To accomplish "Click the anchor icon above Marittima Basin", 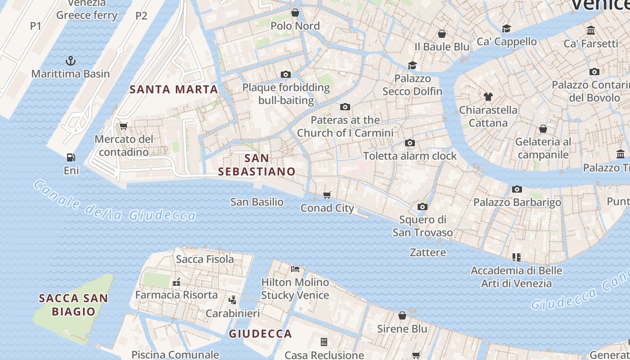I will [71, 60].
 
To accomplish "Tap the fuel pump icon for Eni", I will [71, 157].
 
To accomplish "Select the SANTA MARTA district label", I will [174, 89].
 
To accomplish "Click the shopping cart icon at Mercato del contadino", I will [123, 126].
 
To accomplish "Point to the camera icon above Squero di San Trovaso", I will [422, 207].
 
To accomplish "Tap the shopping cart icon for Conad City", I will [327, 195].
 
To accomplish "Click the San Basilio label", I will [257, 202].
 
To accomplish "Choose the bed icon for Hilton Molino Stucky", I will [295, 269].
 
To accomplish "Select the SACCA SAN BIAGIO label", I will [73, 305].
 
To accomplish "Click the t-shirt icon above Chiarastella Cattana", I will [488, 96].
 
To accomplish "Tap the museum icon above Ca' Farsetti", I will [591, 31].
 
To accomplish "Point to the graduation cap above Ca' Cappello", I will [506, 28].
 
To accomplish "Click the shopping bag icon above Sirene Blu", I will [402, 315].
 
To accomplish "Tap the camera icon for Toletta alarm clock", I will [409, 143].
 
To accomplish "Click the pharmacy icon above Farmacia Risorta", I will [176, 282].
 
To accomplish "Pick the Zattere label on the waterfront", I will [428, 252].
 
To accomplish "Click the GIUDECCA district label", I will [260, 333].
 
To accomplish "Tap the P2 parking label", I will [141, 16].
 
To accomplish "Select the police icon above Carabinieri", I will [233, 300].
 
